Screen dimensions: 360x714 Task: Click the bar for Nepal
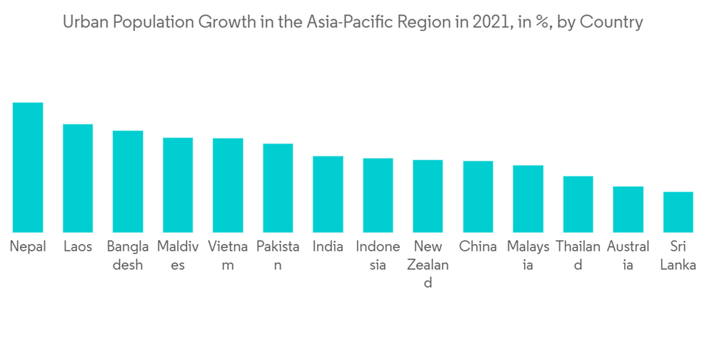tap(28, 167)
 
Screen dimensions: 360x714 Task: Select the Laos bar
tap(78, 178)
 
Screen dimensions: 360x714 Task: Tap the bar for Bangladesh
tap(128, 181)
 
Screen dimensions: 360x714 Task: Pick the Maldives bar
tap(178, 185)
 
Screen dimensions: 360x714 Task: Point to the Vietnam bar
tap(228, 185)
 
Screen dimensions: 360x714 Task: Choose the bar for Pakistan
tap(278, 188)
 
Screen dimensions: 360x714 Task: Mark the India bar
tap(328, 194)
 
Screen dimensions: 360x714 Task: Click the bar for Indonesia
tap(378, 195)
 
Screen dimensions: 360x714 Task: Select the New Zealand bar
tap(428, 196)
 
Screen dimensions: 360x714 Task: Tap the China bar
tap(478, 196)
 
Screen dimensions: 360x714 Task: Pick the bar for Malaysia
tap(528, 199)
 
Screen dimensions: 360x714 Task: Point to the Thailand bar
tap(578, 204)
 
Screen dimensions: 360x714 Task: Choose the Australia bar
tap(628, 209)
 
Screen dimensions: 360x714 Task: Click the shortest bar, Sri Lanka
tap(678, 211)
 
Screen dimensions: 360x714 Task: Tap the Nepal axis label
tap(28, 247)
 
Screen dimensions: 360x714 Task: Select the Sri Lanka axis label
tap(678, 256)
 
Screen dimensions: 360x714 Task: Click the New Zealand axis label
tap(428, 264)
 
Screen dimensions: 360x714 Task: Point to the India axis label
tap(328, 247)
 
